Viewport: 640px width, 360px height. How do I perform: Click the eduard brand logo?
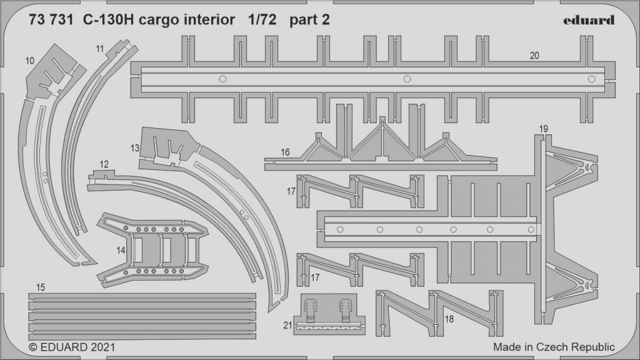tap(589, 20)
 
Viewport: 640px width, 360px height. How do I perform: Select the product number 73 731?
tap(51, 19)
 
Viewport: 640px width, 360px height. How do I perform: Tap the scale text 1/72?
tap(262, 19)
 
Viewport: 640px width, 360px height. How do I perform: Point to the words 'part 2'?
tap(309, 20)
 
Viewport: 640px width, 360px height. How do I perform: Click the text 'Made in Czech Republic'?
tap(554, 347)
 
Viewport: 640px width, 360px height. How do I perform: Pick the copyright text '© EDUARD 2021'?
tap(72, 347)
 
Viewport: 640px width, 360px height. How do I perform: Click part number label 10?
tap(30, 61)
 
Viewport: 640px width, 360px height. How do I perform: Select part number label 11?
tap(100, 49)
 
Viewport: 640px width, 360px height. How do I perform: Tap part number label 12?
tap(104, 164)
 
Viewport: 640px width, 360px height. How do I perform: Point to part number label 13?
tap(135, 148)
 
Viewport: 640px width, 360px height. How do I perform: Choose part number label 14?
tap(121, 250)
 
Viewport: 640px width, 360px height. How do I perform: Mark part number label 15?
tap(40, 287)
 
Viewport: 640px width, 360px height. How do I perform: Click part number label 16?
tap(285, 152)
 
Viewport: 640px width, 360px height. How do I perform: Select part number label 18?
tap(449, 318)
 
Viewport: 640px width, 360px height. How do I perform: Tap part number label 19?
tap(543, 129)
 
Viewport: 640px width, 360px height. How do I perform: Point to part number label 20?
tap(534, 56)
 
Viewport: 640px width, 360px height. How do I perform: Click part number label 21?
tap(287, 325)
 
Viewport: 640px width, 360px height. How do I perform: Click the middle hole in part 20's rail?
tap(407, 79)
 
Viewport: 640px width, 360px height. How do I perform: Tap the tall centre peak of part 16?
tap(382, 119)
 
